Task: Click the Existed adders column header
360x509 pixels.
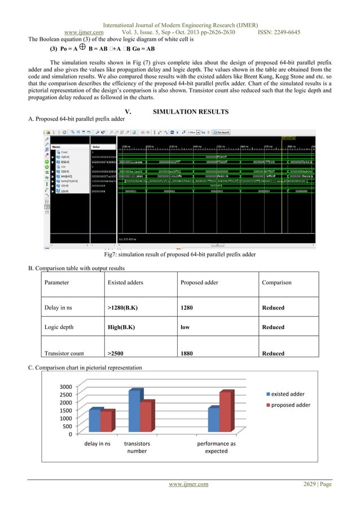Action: coord(125,282)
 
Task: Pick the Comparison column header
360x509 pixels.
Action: coord(276,282)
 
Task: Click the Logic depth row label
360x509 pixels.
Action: coord(60,327)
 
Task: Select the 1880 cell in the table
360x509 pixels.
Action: coord(186,354)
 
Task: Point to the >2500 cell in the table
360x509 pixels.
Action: coord(116,354)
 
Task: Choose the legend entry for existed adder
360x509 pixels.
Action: coord(288,393)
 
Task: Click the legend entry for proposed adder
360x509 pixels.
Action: coord(291,405)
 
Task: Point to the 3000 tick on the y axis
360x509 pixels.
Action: coord(65,387)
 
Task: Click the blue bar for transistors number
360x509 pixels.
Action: coord(135,412)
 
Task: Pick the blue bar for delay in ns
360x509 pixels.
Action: coord(95,421)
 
